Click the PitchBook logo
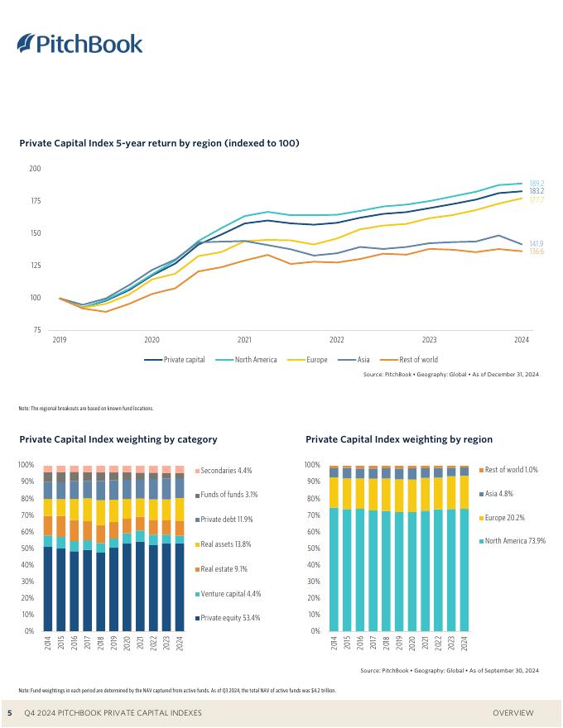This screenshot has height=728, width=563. (79, 44)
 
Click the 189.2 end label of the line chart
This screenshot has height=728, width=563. (537, 183)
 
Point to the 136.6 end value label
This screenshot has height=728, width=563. (537, 251)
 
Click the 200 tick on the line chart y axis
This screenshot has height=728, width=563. (35, 169)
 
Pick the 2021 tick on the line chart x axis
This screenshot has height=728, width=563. (244, 340)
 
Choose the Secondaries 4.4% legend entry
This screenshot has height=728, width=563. (225, 471)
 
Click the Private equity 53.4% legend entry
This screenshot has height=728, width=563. (230, 618)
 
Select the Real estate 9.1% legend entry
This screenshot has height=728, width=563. (225, 569)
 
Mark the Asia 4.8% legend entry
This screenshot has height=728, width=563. (499, 494)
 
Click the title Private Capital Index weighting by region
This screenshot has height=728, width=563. (399, 439)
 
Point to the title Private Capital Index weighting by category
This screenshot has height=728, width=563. (118, 439)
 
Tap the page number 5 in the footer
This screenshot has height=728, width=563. (10, 713)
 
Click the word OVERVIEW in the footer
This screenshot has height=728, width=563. (513, 713)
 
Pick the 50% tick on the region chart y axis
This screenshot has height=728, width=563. (313, 548)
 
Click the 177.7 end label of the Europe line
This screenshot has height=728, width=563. (537, 199)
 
